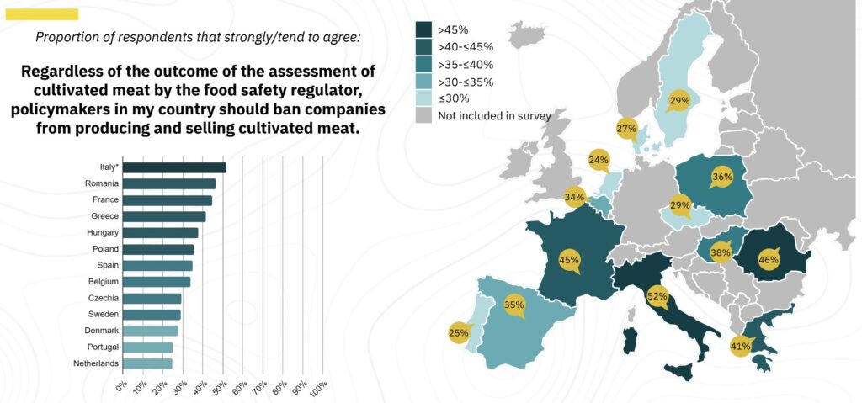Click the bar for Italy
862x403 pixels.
174,167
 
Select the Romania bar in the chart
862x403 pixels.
169,183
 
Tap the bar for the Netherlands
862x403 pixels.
147,363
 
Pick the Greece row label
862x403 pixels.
104,216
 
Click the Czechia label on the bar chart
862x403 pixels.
103,298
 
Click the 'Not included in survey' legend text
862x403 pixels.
494,115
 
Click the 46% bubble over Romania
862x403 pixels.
769,259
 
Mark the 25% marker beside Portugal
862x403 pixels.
459,333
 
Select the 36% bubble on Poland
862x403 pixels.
721,178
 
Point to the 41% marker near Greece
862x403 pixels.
741,346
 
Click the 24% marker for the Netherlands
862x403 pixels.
599,159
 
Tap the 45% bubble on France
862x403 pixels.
569,260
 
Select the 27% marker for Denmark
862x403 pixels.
625,129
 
